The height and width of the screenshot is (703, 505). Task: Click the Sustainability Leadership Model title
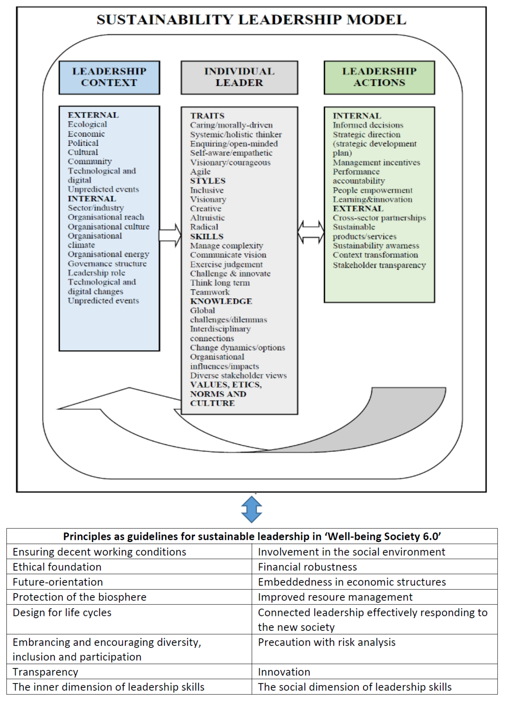pyautogui.click(x=251, y=20)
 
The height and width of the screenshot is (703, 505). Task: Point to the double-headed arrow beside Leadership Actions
pyautogui.click(x=311, y=232)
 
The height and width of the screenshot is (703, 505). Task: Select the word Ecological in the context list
pyautogui.click(x=87, y=124)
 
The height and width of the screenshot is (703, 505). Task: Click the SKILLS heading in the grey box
pyautogui.click(x=207, y=237)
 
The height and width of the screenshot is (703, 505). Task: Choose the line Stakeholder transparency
pyautogui.click(x=379, y=265)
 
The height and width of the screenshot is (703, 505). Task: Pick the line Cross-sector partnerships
pyautogui.click(x=379, y=218)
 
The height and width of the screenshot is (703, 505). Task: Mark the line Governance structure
pyautogui.click(x=107, y=264)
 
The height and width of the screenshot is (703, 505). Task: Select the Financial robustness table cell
pyautogui.click(x=307, y=567)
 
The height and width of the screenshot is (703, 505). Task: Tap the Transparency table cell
pyautogui.click(x=45, y=672)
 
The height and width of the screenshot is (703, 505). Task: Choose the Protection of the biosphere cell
pyautogui.click(x=79, y=597)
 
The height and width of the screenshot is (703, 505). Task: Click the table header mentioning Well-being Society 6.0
pyautogui.click(x=252, y=537)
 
